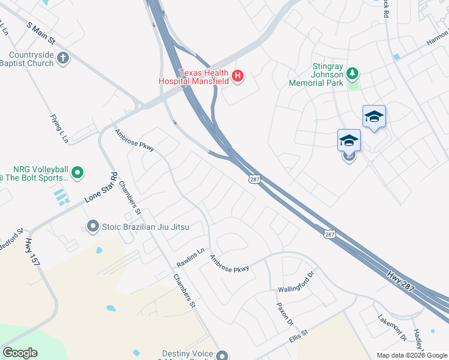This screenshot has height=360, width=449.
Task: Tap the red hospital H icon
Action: point(238,76)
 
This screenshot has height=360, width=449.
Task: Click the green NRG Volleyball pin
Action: point(77,173)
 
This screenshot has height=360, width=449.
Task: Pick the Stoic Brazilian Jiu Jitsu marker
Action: point(92,227)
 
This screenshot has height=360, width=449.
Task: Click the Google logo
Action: point(20,353)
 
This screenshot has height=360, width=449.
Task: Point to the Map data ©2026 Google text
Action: point(411,356)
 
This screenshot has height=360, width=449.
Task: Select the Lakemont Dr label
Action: point(392,328)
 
